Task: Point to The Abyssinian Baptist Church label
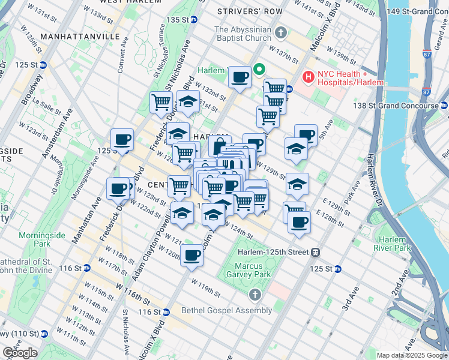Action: tap(243, 34)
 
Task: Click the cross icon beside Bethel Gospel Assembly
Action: tap(255, 295)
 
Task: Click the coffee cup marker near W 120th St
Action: tap(191, 255)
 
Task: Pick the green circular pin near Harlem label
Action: tap(260, 70)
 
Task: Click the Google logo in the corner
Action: tap(20, 353)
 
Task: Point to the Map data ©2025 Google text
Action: tap(411, 355)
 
